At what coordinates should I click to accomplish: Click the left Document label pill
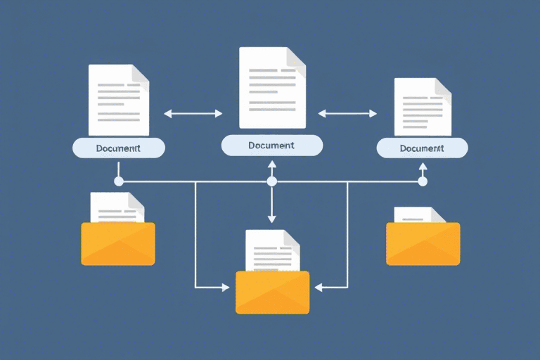[119, 148]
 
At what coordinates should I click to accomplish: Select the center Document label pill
[271, 146]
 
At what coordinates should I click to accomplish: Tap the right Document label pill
[422, 148]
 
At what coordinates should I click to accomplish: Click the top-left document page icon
[119, 100]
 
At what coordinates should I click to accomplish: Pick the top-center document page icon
[272, 88]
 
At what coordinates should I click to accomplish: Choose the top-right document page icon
[423, 106]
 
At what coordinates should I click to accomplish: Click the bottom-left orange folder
[118, 243]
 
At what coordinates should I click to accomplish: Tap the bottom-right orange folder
[423, 243]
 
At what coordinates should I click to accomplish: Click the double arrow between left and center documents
[193, 112]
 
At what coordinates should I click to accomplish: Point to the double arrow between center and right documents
[348, 112]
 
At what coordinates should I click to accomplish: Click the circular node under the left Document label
[119, 181]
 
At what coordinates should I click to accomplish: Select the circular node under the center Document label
[272, 181]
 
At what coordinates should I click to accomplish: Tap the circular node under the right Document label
[423, 181]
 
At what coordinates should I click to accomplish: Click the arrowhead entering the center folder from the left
[225, 288]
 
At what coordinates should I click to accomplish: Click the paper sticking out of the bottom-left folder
[116, 207]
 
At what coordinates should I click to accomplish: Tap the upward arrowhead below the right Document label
[423, 167]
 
